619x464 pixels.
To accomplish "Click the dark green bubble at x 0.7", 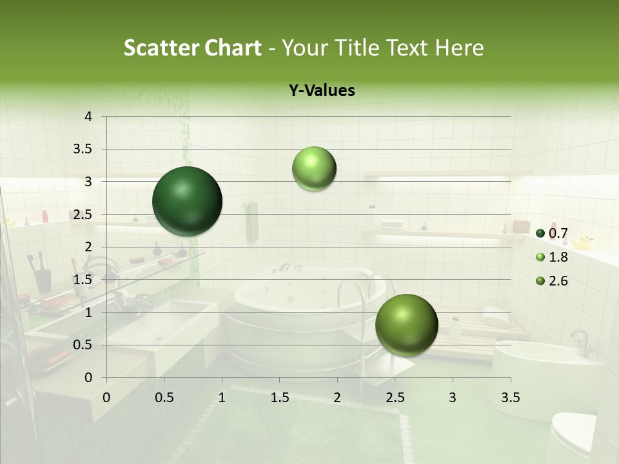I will pyautogui.click(x=187, y=201).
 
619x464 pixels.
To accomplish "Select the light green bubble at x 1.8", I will pyautogui.click(x=314, y=168).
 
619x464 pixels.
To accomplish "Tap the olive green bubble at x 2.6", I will pyautogui.click(x=406, y=325).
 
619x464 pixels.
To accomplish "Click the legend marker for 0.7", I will pyautogui.click(x=540, y=233).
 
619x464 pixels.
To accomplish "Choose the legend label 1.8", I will pyautogui.click(x=558, y=257).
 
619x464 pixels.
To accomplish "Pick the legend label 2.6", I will pyautogui.click(x=558, y=281).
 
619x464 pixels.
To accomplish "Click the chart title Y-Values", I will pyautogui.click(x=322, y=91).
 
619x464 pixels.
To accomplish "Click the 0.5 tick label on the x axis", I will pyautogui.click(x=164, y=397).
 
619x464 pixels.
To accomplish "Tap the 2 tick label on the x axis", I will pyautogui.click(x=337, y=397).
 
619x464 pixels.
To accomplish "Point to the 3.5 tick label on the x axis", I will pyautogui.click(x=510, y=397).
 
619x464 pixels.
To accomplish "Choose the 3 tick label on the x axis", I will pyautogui.click(x=453, y=397).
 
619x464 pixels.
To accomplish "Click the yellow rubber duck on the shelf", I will pyautogui.click(x=583, y=242).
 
